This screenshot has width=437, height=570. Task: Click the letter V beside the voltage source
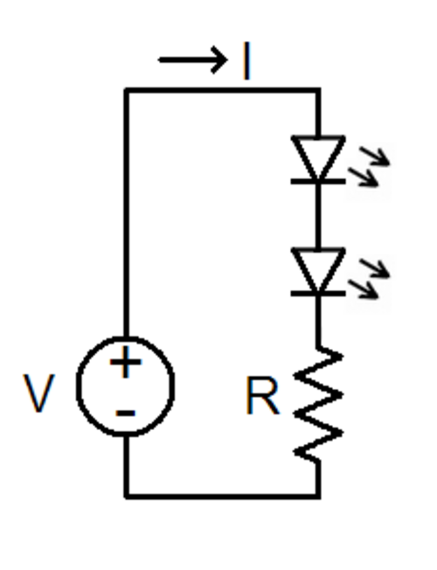39,393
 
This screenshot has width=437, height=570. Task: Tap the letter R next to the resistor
263,395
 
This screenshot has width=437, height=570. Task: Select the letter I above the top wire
247,60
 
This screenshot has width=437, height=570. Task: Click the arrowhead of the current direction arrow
220,60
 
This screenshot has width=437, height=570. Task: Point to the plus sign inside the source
126,362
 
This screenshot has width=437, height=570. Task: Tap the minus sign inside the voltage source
126,413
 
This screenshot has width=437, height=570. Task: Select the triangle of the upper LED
318,157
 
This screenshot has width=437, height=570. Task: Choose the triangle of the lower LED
318,270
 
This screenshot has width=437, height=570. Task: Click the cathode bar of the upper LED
318,181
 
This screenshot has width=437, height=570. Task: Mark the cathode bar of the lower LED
318,294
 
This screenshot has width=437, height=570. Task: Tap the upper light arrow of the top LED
374,156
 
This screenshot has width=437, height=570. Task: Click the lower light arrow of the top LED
364,177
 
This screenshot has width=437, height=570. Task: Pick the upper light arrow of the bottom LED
374,268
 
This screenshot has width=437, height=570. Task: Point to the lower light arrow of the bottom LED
364,289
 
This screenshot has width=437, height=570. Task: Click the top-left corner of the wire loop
126,90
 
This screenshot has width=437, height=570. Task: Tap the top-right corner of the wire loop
318,90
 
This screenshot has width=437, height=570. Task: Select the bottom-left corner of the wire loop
126,497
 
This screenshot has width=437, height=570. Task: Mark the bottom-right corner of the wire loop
318,497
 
